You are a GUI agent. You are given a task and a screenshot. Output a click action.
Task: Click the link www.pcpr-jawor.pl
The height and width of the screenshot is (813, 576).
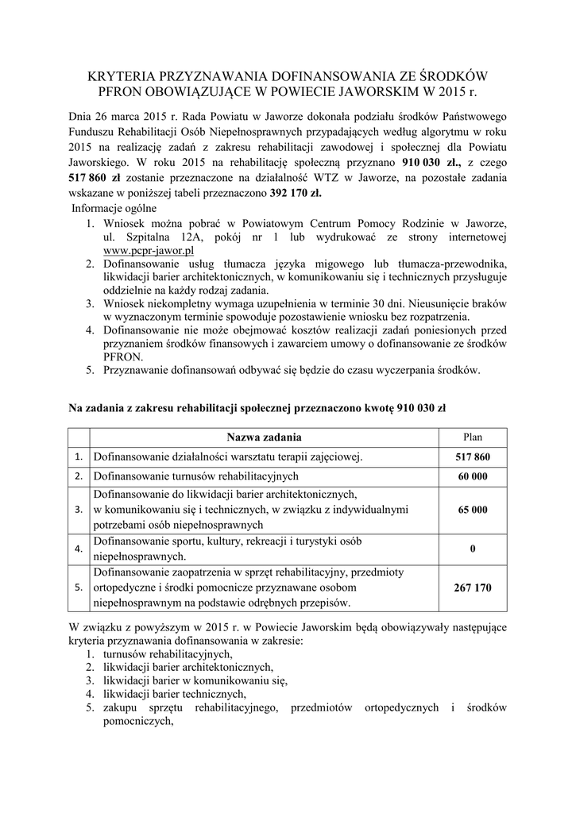pos(149,250)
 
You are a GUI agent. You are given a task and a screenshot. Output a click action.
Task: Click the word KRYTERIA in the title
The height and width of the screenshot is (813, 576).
pos(126,76)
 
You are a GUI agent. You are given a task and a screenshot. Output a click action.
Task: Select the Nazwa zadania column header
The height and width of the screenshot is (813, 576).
pos(264,437)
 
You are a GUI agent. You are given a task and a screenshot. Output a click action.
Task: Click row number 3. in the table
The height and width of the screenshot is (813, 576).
pos(78,510)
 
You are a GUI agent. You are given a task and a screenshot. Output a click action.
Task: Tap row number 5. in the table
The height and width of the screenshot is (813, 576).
pos(78,588)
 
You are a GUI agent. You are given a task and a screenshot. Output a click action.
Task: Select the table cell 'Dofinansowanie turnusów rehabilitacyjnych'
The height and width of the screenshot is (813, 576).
pos(195,476)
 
